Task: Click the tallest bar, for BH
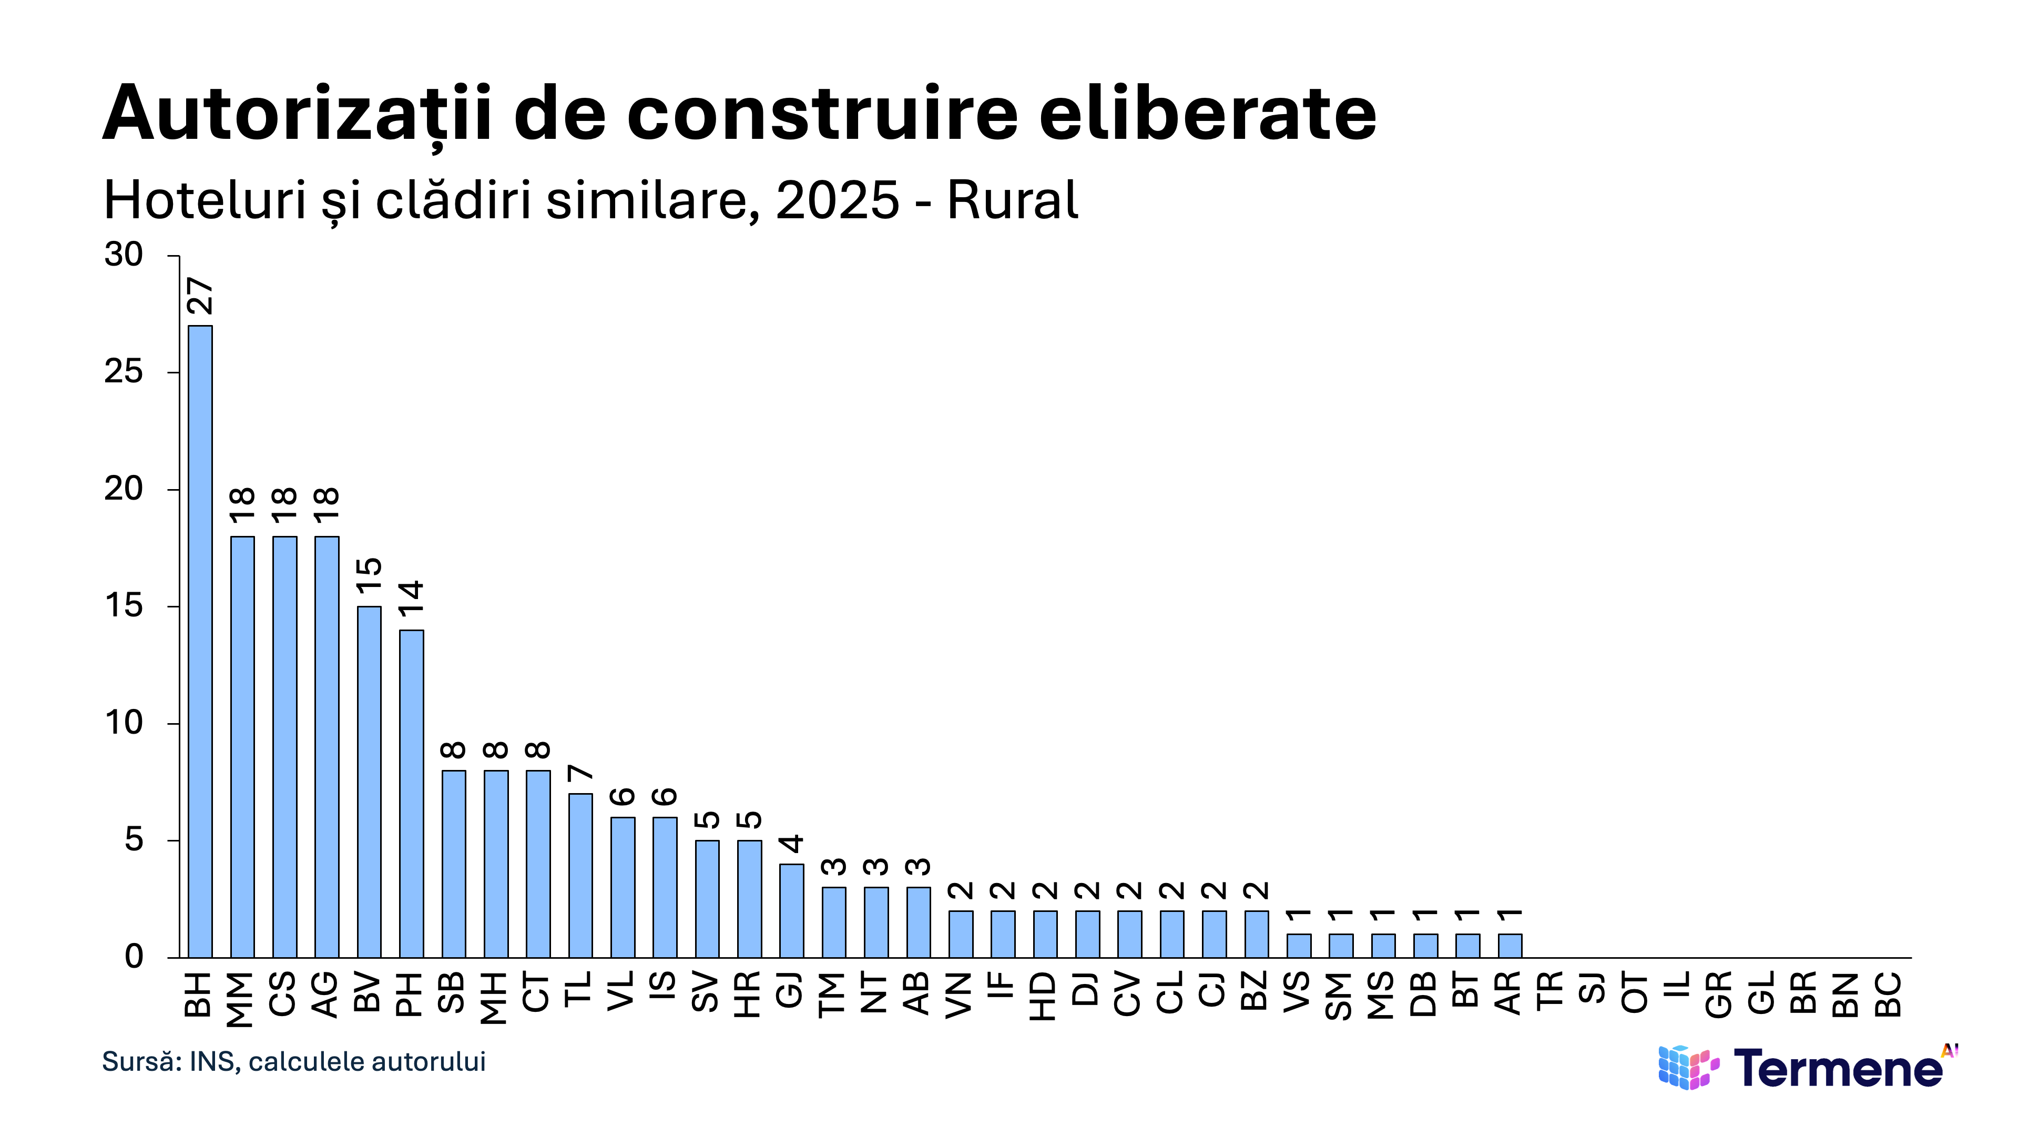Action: [200, 641]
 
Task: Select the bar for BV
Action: [369, 782]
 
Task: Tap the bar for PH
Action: [412, 794]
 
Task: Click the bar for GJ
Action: [792, 911]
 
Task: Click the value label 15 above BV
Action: [369, 576]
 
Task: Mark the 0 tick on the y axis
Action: [134, 957]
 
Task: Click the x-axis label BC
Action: [1888, 994]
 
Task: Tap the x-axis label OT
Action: [1635, 992]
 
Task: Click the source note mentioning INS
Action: [294, 1061]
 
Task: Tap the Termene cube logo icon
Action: [1688, 1068]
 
